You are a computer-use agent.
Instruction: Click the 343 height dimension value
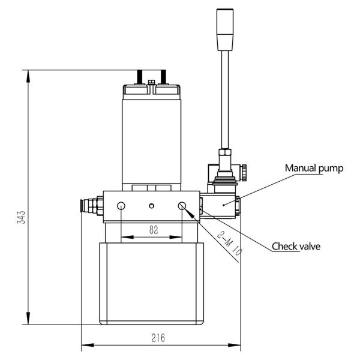(x=21, y=217)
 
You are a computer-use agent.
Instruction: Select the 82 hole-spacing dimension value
(x=153, y=230)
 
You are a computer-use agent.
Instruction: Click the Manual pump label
(x=314, y=169)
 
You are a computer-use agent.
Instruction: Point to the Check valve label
(x=296, y=246)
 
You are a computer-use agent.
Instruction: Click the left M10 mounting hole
(x=121, y=206)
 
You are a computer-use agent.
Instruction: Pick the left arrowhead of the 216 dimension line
(x=85, y=345)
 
